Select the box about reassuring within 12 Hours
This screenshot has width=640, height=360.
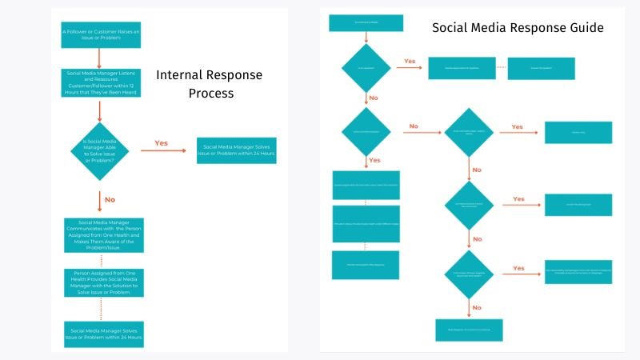tap(100, 82)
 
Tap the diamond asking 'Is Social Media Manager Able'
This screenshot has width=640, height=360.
tap(100, 151)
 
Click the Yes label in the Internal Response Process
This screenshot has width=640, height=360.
tap(161, 143)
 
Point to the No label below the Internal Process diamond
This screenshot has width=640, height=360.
tap(110, 199)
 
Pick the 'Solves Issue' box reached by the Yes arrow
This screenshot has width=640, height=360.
tap(236, 150)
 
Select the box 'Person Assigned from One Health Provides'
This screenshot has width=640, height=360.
tap(100, 282)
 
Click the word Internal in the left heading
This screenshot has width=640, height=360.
tap(180, 75)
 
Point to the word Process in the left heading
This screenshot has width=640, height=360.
tap(211, 93)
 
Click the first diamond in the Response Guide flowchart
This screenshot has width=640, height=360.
tap(366, 67)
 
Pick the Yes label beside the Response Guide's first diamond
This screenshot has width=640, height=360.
tap(410, 61)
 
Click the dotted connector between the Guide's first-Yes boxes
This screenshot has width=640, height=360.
tap(501, 68)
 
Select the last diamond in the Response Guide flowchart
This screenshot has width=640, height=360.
tap(469, 274)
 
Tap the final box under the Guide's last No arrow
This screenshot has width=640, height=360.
tap(469, 329)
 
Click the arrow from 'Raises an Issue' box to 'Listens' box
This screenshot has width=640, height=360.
tap(100, 58)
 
